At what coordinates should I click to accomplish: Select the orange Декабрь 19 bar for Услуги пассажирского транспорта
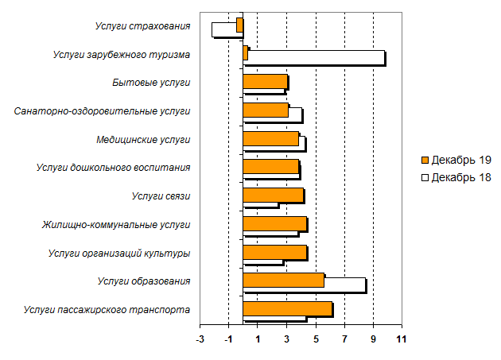(x=287, y=309)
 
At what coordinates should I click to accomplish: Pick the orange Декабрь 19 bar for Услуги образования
(x=283, y=280)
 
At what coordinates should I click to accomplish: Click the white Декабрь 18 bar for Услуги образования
(x=345, y=285)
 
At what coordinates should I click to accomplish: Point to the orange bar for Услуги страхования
(x=239, y=24)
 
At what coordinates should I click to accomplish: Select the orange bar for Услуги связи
(x=273, y=195)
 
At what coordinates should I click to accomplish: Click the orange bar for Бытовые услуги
(x=265, y=81)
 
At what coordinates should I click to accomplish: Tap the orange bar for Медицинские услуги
(x=270, y=138)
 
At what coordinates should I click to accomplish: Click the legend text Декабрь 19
(x=460, y=161)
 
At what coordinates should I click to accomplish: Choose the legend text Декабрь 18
(x=460, y=177)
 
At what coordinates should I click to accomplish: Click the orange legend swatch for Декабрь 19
(x=425, y=161)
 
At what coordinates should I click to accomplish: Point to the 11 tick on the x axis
(x=402, y=339)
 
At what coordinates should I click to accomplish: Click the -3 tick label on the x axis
(x=200, y=339)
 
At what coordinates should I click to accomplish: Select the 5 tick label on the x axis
(x=316, y=339)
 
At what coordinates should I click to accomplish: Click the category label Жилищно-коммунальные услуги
(x=116, y=225)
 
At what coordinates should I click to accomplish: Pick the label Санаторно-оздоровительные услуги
(x=103, y=110)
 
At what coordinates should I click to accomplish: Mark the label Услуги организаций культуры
(x=118, y=254)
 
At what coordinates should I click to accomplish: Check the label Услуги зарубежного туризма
(x=121, y=55)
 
